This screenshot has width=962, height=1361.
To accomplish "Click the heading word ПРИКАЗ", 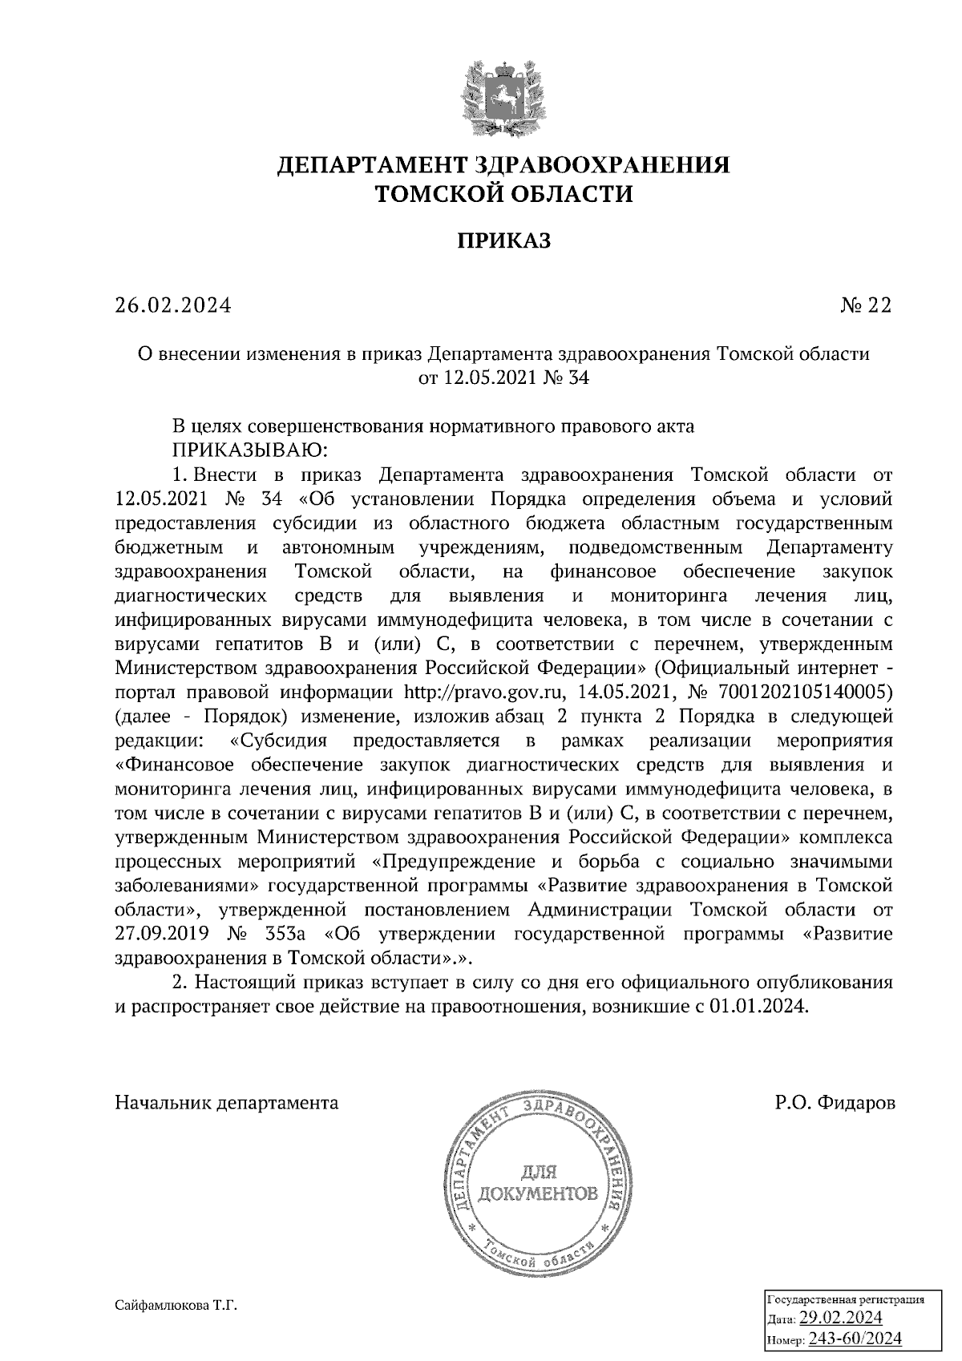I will pos(504,240).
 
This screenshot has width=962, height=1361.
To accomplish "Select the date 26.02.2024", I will pos(172,305).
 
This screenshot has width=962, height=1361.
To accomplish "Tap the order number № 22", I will pos(866,305).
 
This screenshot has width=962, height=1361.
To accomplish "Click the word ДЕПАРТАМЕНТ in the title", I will pos(374,166).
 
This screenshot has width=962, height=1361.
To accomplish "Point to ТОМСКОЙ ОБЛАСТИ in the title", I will pos(504,194).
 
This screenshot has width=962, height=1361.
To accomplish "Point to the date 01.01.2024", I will pos(757,1008).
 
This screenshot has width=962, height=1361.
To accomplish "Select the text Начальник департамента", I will pos(227,1103).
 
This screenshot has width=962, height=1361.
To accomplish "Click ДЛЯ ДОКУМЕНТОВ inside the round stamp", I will pos(537,1185).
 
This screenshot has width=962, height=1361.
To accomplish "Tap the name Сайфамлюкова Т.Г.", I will pos(177,1306).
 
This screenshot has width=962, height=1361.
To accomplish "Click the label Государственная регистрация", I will pos(846,1299).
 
